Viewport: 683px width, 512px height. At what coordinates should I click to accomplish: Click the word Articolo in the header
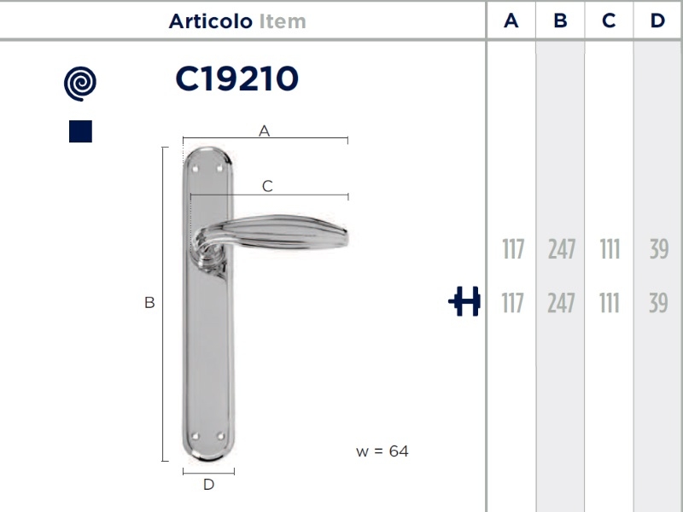(x=210, y=21)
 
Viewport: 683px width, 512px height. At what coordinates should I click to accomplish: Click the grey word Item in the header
(x=283, y=21)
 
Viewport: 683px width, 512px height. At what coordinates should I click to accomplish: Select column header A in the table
(x=511, y=20)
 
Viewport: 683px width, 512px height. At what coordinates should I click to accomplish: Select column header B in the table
(x=560, y=20)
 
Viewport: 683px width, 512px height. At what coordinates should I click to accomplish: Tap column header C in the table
(x=609, y=20)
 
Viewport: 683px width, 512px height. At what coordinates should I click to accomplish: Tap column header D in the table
(x=657, y=20)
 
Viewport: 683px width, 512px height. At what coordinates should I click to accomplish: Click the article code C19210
(x=237, y=79)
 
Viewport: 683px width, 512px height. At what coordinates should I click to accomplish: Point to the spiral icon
(x=80, y=84)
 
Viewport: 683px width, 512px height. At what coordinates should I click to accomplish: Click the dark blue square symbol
(x=80, y=131)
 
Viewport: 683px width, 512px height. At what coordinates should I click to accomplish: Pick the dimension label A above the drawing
(x=264, y=131)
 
